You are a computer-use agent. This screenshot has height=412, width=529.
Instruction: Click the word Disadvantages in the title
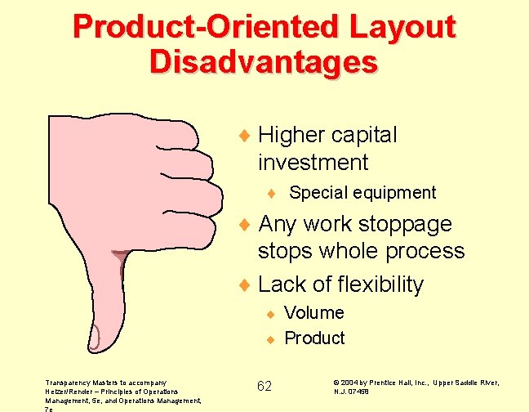(x=264, y=62)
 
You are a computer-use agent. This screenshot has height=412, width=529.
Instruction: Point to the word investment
(x=313, y=162)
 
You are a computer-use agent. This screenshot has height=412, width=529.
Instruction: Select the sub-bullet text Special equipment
(x=362, y=193)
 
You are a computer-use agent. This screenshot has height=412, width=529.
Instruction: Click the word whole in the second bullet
(x=358, y=251)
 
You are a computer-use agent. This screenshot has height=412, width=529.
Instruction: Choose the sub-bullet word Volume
(x=314, y=312)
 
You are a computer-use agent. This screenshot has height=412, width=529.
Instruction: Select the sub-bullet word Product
(x=314, y=338)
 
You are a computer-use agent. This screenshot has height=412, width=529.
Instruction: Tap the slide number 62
(x=264, y=386)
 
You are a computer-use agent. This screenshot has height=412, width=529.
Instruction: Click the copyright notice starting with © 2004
(x=416, y=387)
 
